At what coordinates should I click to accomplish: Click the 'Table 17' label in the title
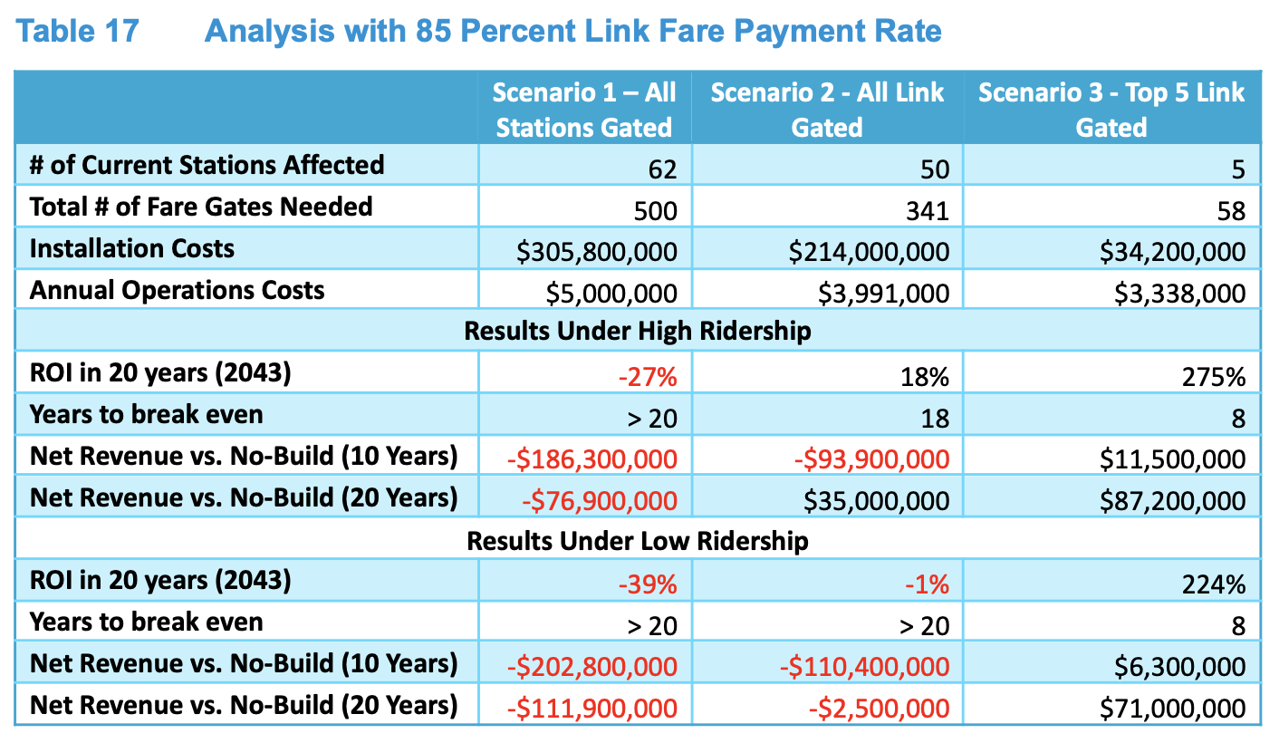(78, 31)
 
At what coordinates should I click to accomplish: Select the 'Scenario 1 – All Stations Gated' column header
(584, 109)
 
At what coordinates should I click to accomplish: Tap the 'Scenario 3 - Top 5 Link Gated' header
(1111, 109)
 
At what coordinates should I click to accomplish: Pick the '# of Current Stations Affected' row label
(207, 165)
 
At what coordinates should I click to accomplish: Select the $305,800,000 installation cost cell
(597, 252)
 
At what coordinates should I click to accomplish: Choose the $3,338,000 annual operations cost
(1173, 294)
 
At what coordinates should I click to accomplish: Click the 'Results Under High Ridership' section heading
(637, 331)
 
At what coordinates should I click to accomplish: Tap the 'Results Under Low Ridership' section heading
(637, 541)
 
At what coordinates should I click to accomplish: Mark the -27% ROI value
(648, 376)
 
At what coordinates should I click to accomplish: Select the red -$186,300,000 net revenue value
(592, 459)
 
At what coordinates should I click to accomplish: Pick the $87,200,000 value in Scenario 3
(1173, 501)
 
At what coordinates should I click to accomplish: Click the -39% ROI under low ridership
(648, 584)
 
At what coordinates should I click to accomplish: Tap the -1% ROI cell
(928, 584)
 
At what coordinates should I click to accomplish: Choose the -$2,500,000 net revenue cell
(879, 709)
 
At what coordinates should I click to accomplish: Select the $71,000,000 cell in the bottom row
(1173, 709)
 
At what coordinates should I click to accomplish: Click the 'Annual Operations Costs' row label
(177, 290)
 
